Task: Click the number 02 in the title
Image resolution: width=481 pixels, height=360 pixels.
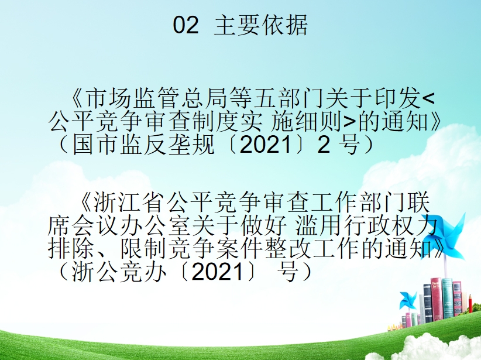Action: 185,25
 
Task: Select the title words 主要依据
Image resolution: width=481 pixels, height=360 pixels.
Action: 260,25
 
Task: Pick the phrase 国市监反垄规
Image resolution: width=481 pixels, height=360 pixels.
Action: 143,145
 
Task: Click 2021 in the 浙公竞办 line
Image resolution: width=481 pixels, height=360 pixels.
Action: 217,272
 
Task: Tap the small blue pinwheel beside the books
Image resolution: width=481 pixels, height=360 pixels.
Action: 408,300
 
